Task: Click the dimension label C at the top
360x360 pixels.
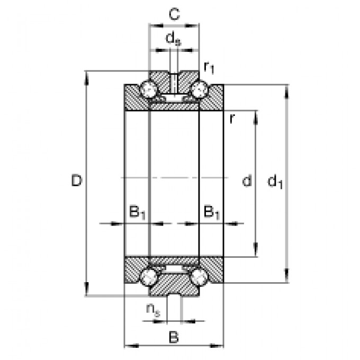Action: tap(174, 14)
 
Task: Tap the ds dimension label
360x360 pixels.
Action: tap(173, 39)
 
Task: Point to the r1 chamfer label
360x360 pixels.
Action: tap(209, 68)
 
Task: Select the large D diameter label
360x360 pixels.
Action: tap(77, 181)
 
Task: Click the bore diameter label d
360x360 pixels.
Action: tap(247, 181)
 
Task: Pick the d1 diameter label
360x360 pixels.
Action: tap(275, 182)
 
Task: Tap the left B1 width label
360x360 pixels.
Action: tap(137, 212)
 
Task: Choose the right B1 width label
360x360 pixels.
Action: tap(212, 212)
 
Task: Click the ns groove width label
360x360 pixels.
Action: tap(154, 310)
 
